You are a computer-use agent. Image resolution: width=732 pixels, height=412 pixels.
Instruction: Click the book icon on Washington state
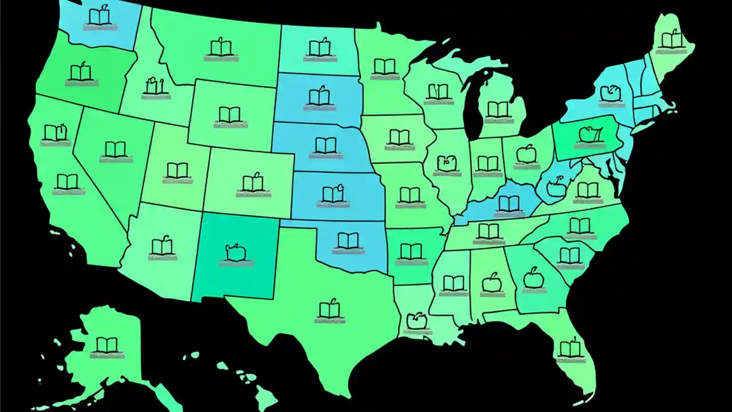point(100,17)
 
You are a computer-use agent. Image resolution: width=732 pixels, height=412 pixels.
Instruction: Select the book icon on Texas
point(329,310)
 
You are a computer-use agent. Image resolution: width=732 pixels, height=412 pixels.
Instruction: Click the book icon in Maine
point(670,39)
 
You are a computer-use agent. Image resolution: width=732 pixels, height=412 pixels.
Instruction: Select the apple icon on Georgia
point(533,278)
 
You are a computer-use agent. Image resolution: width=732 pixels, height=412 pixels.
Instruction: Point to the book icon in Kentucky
point(509,203)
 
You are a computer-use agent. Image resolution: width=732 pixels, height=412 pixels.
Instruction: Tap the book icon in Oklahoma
point(348,240)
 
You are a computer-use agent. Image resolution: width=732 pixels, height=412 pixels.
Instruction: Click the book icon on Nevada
point(115,149)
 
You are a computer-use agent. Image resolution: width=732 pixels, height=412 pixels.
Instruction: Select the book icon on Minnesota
point(384,66)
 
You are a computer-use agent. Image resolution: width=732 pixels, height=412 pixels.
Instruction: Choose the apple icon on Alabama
point(492,282)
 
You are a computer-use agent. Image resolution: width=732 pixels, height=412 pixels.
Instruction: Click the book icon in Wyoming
point(230,114)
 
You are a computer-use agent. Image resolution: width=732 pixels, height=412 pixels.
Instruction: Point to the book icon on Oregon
point(81,72)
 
